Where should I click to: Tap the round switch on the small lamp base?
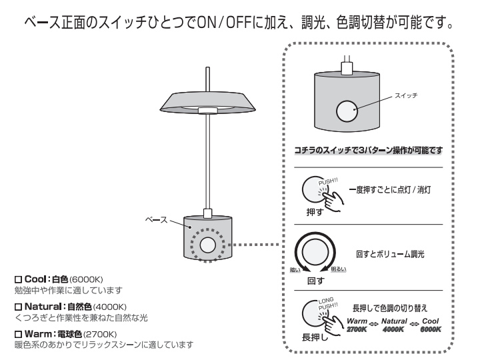(x=210, y=245)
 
